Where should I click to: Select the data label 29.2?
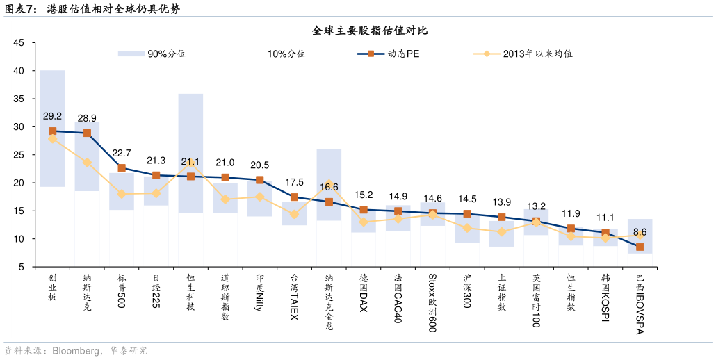52,116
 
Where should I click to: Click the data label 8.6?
640,232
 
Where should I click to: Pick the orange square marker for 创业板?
52,131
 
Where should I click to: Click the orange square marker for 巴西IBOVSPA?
640,247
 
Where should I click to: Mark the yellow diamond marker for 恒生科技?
190,161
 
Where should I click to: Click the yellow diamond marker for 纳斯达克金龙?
329,184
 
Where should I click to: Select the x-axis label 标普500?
122,291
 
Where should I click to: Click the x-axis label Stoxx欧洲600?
432,302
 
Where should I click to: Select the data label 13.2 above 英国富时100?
536,206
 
